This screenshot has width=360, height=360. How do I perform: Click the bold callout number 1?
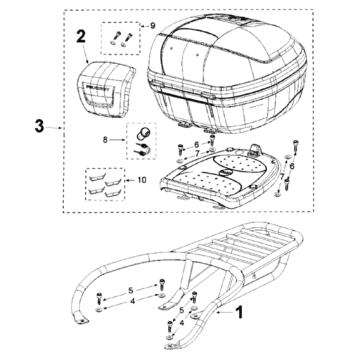[x=239, y=313]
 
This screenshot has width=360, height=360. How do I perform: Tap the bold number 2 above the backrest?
[x=81, y=37]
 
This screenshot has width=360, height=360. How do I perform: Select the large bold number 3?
[x=39, y=127]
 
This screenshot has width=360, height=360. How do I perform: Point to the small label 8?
[x=105, y=140]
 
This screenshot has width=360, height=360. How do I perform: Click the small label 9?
[x=153, y=26]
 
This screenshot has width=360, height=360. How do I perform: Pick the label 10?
[x=142, y=180]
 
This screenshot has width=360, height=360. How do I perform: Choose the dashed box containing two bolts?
[x=120, y=38]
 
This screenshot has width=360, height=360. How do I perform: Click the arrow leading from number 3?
[x=53, y=127]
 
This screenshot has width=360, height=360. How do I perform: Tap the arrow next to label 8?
[x=117, y=141]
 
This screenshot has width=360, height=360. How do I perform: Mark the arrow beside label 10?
[x=130, y=180]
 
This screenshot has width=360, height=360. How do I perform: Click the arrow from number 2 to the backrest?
[x=86, y=54]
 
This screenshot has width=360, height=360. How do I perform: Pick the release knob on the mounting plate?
[x=256, y=148]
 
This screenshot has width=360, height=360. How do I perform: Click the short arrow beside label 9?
[x=144, y=26]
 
